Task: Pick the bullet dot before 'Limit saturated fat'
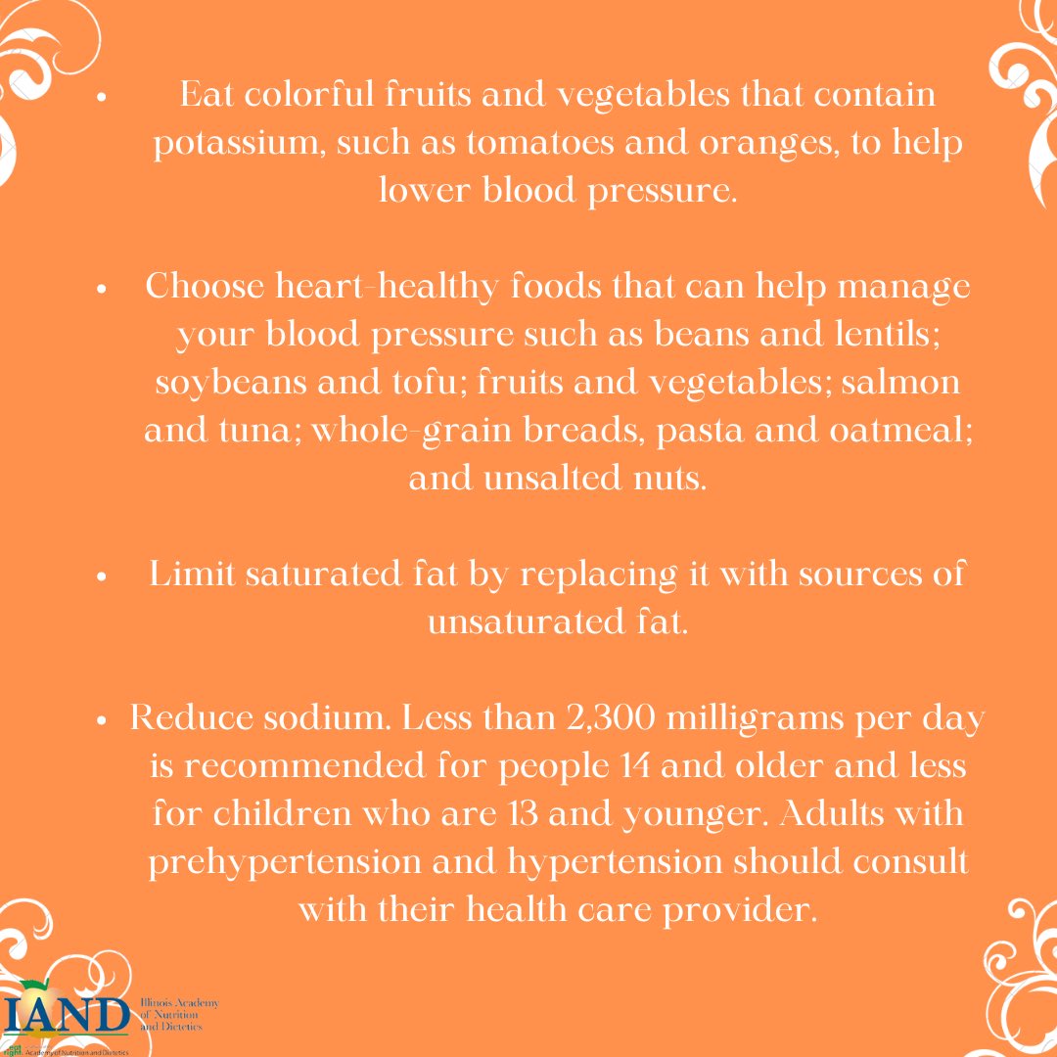pos(101,576)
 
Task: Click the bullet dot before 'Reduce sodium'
pos(101,719)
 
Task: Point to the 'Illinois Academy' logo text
pos(181,1004)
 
